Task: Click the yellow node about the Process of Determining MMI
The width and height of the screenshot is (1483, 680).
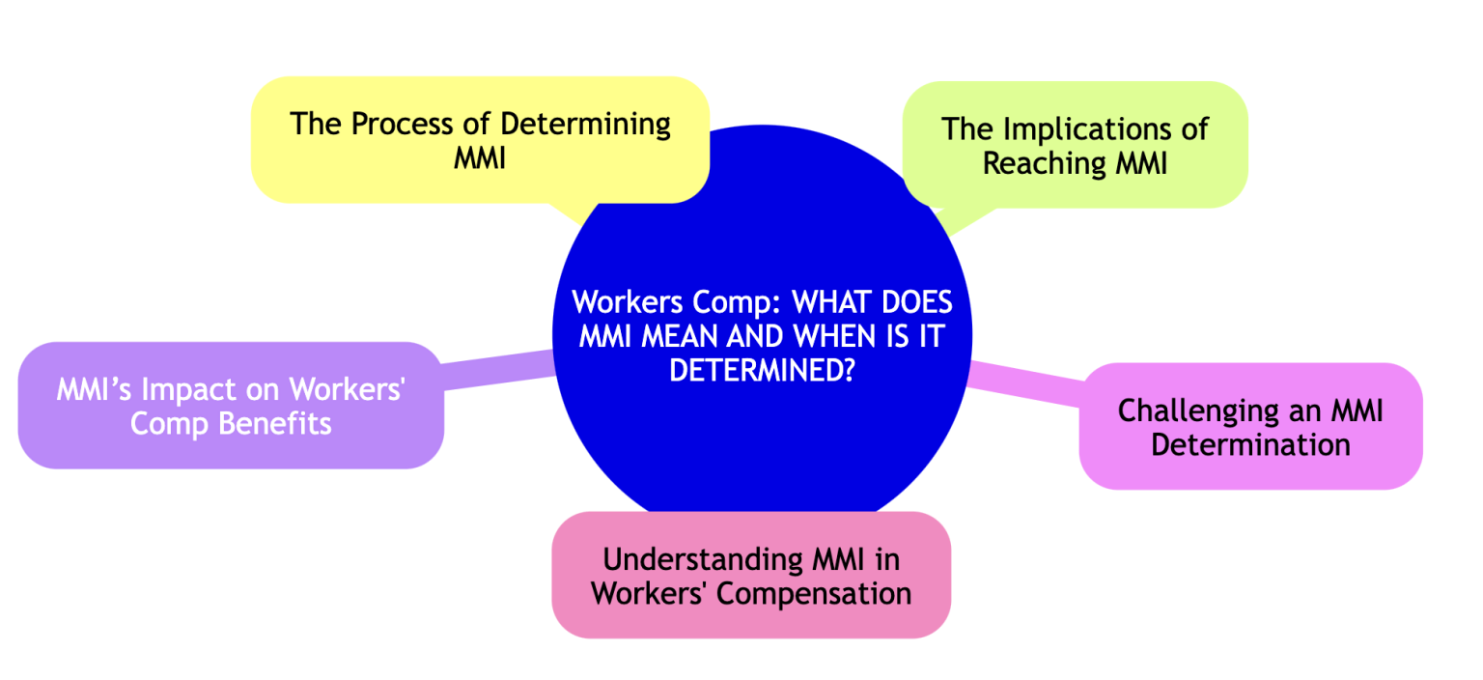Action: [480, 139]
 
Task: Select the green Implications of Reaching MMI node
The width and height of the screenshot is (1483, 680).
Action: [1074, 145]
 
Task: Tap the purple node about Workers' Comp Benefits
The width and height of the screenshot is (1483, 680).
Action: [230, 406]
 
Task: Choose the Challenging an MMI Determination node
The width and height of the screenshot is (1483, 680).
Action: [1250, 426]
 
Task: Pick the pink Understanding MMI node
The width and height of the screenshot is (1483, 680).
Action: [751, 575]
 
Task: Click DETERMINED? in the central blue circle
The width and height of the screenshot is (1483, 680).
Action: [762, 371]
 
